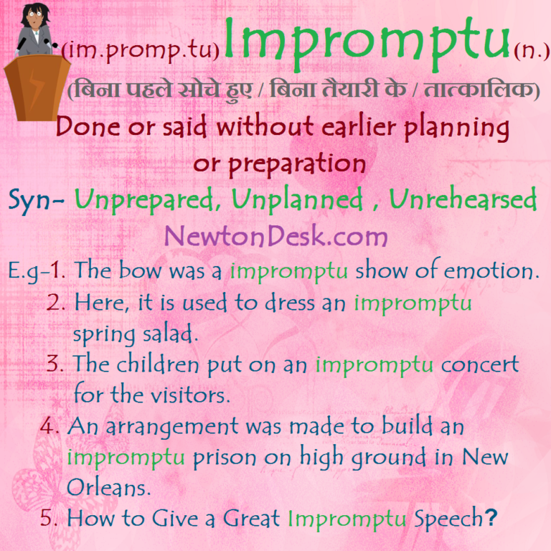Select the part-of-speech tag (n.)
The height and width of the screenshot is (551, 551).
tap(531, 52)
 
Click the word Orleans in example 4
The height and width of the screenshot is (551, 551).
tap(108, 487)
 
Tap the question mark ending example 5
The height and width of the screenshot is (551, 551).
tap(491, 518)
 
